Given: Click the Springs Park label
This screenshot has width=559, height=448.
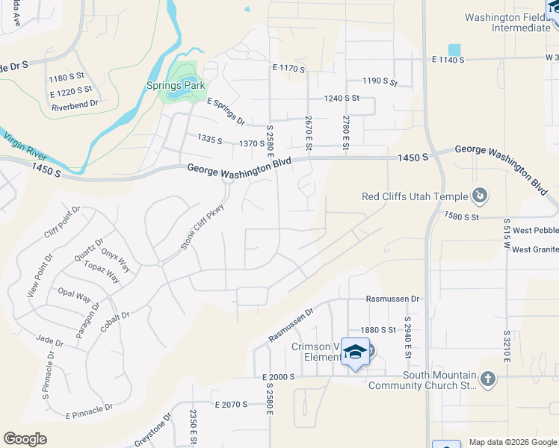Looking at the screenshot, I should tap(165, 86).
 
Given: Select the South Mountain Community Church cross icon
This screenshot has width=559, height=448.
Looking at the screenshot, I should tap(487, 379).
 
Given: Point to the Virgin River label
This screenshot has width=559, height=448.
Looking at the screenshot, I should tap(25, 146).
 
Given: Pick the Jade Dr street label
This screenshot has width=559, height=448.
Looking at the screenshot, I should tap(49, 340).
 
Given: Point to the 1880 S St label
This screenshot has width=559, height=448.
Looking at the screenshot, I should tap(377, 329).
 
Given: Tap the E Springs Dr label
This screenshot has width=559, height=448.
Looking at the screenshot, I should tap(226, 111).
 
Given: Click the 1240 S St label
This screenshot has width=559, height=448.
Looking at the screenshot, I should tap(342, 98).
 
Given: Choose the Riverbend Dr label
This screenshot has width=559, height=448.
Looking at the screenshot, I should tap(75, 107).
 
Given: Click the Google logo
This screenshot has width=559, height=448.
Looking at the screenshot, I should tap(25, 439).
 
